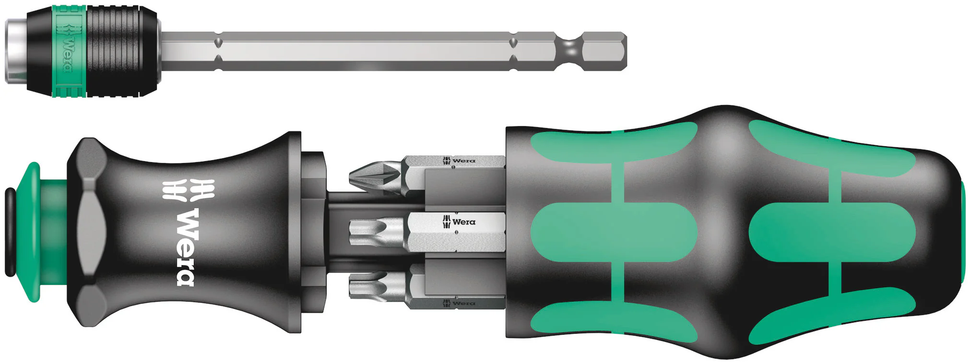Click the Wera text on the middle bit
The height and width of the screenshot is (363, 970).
464,222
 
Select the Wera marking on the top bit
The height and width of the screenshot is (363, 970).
464,161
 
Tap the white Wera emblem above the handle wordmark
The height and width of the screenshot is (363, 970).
188,189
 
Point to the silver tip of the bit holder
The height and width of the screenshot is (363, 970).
16,51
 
